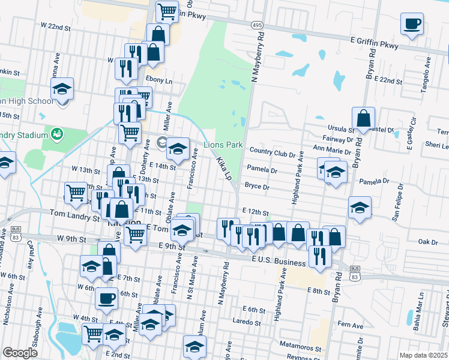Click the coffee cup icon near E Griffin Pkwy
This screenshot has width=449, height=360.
click(412, 25)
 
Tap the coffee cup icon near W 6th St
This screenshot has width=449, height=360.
click(107, 298)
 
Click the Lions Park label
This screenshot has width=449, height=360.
click(223, 145)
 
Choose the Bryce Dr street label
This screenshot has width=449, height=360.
click(257, 186)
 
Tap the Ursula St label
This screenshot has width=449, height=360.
click(340, 128)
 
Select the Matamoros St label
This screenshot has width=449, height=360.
click(300, 347)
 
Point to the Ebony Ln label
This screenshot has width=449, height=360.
click(158, 80)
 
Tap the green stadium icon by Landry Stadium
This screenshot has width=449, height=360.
click(58, 133)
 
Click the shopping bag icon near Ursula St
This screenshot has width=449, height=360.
click(364, 118)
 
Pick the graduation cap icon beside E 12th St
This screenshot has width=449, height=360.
click(360, 208)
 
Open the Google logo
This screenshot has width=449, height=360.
click(20, 353)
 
